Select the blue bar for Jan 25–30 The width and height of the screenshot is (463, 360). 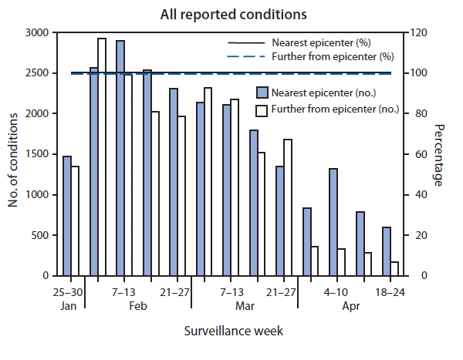pos(67,216)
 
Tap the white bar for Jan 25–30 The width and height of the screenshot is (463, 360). pos(75,220)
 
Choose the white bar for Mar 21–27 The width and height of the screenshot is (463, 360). pos(288,207)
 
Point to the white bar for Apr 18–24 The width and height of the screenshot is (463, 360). pos(394,268)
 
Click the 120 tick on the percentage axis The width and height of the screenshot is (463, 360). pos(415,33)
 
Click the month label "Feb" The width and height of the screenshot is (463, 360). pos(138,306)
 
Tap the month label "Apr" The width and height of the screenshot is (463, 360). pos(350,306)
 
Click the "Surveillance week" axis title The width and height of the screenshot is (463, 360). pos(232,331)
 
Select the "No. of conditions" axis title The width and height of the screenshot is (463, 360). pos(13,154)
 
